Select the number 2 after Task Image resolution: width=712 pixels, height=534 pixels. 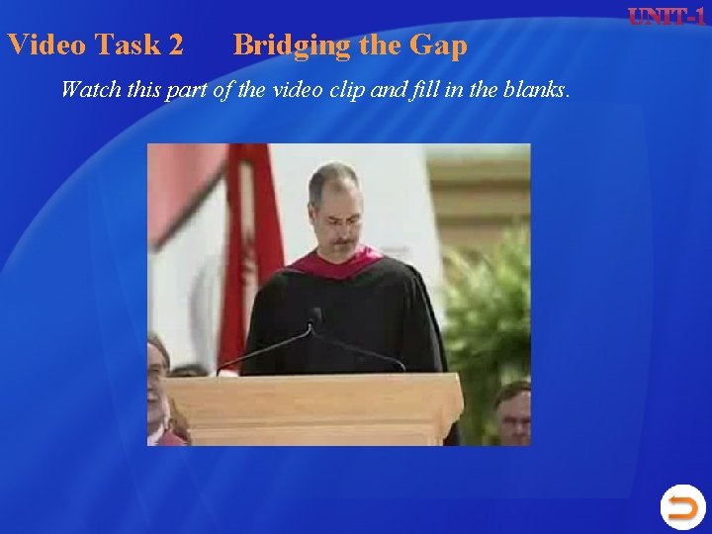tap(175, 44)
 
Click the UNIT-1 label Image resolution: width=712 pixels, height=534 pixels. tap(667, 17)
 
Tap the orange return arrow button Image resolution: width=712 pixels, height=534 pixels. tap(681, 507)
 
